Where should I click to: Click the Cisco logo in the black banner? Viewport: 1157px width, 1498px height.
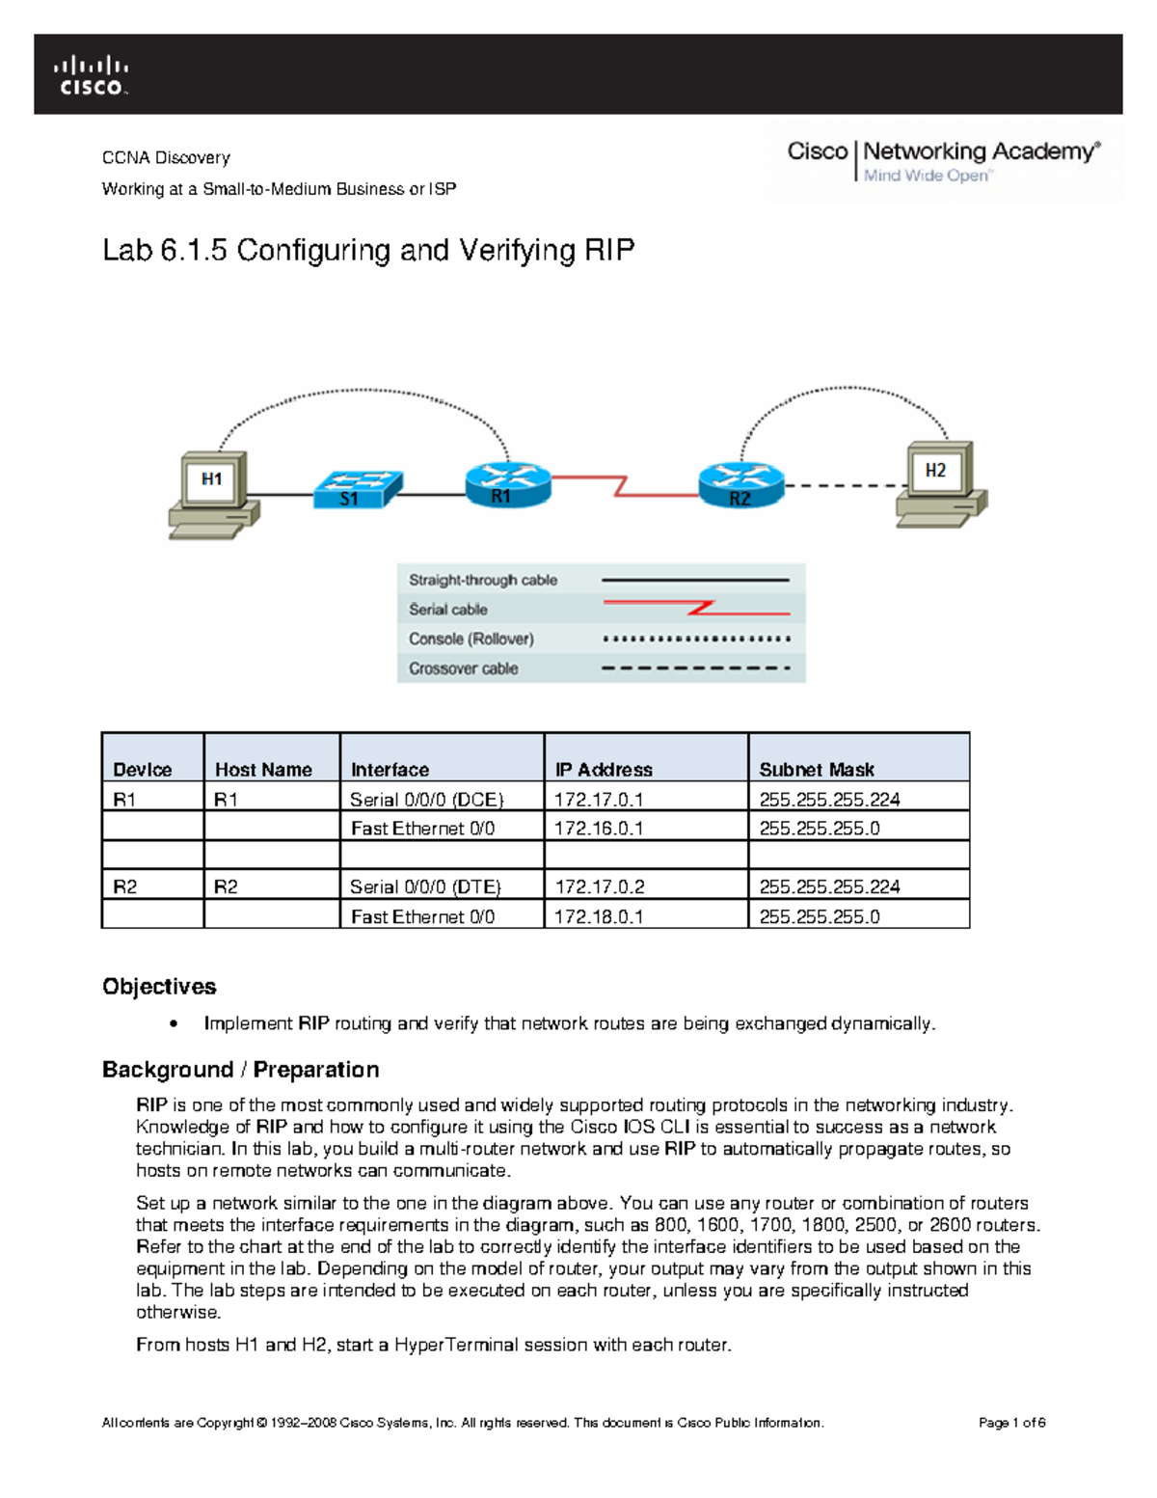pyautogui.click(x=92, y=75)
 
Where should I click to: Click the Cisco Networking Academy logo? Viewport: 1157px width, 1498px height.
pyautogui.click(x=942, y=161)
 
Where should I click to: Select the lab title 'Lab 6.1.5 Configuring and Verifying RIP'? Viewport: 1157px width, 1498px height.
pyautogui.click(x=368, y=251)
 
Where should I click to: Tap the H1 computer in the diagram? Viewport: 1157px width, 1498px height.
pyautogui.click(x=213, y=493)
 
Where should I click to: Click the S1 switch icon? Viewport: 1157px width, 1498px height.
pyautogui.click(x=356, y=488)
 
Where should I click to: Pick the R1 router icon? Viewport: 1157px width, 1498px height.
pyautogui.click(x=507, y=483)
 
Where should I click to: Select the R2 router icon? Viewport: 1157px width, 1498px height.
pyautogui.click(x=740, y=485)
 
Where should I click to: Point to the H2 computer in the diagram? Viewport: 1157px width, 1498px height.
pyautogui.click(x=941, y=484)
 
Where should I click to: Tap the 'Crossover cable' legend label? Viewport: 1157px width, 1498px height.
pyautogui.click(x=463, y=668)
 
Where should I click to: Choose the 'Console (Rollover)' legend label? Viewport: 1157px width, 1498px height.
pyautogui.click(x=471, y=639)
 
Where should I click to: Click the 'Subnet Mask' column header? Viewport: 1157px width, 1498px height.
pyautogui.click(x=816, y=770)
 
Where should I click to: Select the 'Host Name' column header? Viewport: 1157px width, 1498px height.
pyautogui.click(x=263, y=770)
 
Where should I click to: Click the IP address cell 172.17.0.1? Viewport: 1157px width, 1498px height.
pyautogui.click(x=599, y=800)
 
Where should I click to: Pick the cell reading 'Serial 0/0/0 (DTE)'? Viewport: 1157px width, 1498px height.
pyautogui.click(x=425, y=886)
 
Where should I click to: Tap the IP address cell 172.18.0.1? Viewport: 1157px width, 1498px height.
pyautogui.click(x=599, y=916)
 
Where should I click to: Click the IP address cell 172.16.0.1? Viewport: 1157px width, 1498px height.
pyautogui.click(x=599, y=829)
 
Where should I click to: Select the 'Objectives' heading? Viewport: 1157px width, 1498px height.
pyautogui.click(x=159, y=987)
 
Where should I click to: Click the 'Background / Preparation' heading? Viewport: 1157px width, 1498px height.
pyautogui.click(x=240, y=1070)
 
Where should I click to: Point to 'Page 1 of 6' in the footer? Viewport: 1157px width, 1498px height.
pyautogui.click(x=1011, y=1423)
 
